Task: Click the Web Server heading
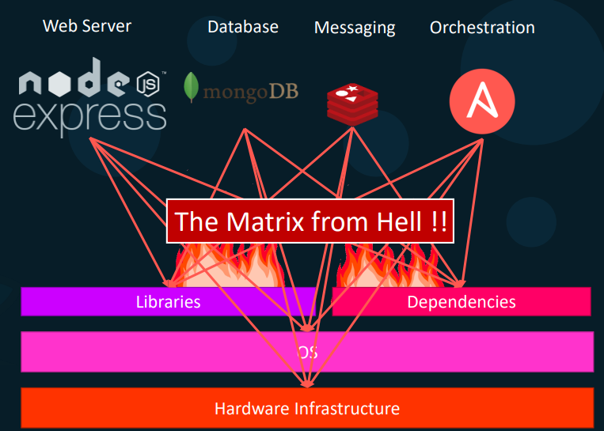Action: pos(87,25)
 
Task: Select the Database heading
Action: pos(242,27)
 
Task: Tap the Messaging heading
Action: pos(354,28)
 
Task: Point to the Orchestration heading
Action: pos(481,28)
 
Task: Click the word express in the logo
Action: pos(89,115)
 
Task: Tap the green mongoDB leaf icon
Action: pos(191,88)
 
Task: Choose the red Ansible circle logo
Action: pos(481,102)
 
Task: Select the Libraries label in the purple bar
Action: pos(168,301)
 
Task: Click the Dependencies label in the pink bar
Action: pos(461,301)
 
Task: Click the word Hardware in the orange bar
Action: pos(252,409)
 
